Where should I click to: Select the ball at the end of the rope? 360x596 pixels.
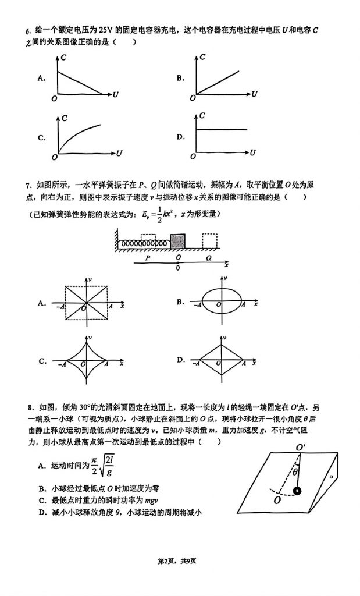pyautogui.click(x=298, y=491)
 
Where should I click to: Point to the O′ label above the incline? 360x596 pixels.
pyautogui.click(x=301, y=447)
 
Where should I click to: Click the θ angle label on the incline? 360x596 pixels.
pyautogui.click(x=295, y=472)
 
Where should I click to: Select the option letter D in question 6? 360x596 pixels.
pyautogui.click(x=180, y=137)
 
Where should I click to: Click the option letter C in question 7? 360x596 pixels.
pyautogui.click(x=42, y=361)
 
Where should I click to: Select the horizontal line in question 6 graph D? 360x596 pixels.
pyautogui.click(x=221, y=130)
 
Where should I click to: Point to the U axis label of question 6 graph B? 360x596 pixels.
pyautogui.click(x=255, y=94)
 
